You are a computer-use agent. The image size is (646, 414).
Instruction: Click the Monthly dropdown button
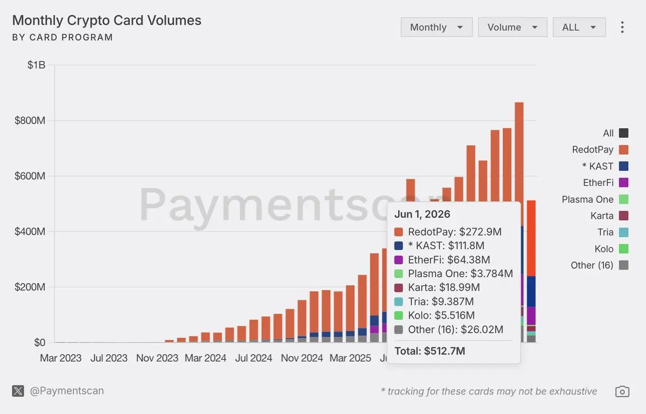(x=437, y=27)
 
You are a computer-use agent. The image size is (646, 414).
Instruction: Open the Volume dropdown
(x=512, y=27)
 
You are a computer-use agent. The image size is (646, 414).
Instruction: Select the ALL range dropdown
(x=579, y=27)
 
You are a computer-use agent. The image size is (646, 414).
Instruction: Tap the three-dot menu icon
(x=622, y=27)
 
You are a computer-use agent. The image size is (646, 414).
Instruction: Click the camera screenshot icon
(x=622, y=391)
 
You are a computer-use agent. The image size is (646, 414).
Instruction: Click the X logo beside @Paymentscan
(x=18, y=391)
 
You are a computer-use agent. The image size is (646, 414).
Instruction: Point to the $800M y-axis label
(x=30, y=120)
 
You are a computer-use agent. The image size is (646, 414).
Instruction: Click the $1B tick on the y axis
(x=37, y=65)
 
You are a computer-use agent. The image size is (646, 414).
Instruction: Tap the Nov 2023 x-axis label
(x=157, y=358)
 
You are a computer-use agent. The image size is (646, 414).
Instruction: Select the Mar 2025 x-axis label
(x=350, y=358)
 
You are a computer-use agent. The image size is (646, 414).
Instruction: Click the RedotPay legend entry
(x=600, y=149)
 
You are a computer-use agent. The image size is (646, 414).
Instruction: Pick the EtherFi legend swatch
(x=623, y=182)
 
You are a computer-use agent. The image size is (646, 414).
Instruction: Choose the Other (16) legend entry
(x=599, y=265)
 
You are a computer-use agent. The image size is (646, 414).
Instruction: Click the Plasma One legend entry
(x=595, y=199)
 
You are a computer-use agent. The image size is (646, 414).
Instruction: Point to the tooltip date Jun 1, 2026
(x=422, y=214)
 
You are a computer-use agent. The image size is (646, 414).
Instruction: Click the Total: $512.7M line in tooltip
(x=430, y=351)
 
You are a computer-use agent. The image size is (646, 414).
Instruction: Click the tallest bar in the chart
(x=519, y=222)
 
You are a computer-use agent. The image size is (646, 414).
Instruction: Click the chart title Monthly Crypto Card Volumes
(x=107, y=20)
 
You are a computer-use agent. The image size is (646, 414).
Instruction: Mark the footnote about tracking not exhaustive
(x=489, y=391)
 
